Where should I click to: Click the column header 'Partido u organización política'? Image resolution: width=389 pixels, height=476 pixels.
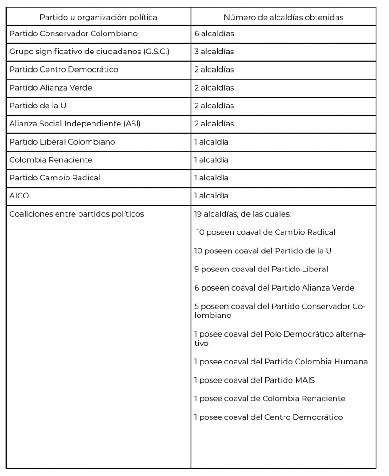click(98, 17)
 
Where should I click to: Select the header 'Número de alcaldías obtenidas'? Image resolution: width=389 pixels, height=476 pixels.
click(283, 17)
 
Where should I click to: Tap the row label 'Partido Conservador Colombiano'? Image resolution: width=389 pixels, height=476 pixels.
click(73, 33)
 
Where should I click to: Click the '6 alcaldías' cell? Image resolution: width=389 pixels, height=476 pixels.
click(214, 33)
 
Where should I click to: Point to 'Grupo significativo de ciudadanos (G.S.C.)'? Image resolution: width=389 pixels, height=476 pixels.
click(89, 52)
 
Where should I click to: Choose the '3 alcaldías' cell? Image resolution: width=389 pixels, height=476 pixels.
click(214, 52)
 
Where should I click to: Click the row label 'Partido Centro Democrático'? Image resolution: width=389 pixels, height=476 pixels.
click(64, 70)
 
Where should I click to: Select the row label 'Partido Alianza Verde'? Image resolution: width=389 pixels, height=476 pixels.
click(51, 88)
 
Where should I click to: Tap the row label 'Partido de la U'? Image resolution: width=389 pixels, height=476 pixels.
click(38, 106)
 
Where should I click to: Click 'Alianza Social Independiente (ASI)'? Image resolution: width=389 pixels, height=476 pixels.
click(75, 124)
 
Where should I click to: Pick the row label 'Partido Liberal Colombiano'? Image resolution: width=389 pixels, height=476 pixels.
click(62, 142)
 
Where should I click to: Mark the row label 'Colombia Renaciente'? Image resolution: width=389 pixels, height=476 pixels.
click(51, 160)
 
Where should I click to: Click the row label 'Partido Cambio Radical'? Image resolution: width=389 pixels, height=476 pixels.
click(55, 178)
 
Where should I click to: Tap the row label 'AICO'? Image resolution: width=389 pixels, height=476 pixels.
click(19, 196)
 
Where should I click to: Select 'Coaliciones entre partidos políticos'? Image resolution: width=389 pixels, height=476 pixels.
click(77, 214)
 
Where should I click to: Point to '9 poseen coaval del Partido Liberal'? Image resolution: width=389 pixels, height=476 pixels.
click(261, 269)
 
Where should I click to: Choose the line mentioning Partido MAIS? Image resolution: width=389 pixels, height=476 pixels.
click(254, 380)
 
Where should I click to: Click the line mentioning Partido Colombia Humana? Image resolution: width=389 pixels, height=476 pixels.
click(281, 362)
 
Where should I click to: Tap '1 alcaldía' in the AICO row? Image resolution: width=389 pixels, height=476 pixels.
click(211, 196)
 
